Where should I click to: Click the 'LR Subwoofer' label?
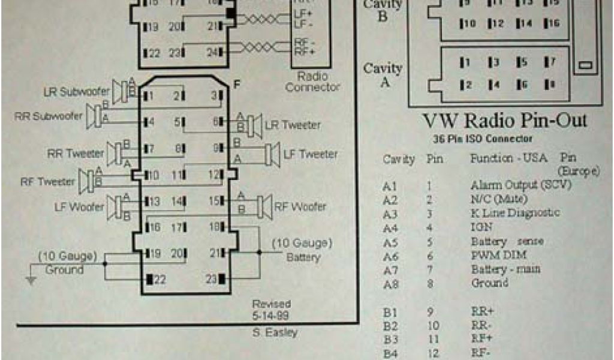(x=76, y=92)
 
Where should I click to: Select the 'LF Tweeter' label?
(x=309, y=154)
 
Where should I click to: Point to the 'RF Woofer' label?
(x=300, y=207)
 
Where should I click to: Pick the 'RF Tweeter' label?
(x=47, y=181)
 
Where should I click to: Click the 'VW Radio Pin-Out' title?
(x=505, y=121)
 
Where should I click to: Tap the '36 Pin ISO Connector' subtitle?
(x=483, y=139)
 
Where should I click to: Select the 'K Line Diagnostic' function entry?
(x=515, y=213)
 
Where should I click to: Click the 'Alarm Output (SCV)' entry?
(x=520, y=185)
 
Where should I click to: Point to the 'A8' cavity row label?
(x=391, y=283)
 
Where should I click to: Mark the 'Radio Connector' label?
(x=312, y=82)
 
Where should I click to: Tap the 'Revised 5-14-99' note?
(x=271, y=310)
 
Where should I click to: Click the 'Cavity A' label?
(x=383, y=76)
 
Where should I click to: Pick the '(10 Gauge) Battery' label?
(x=302, y=250)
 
